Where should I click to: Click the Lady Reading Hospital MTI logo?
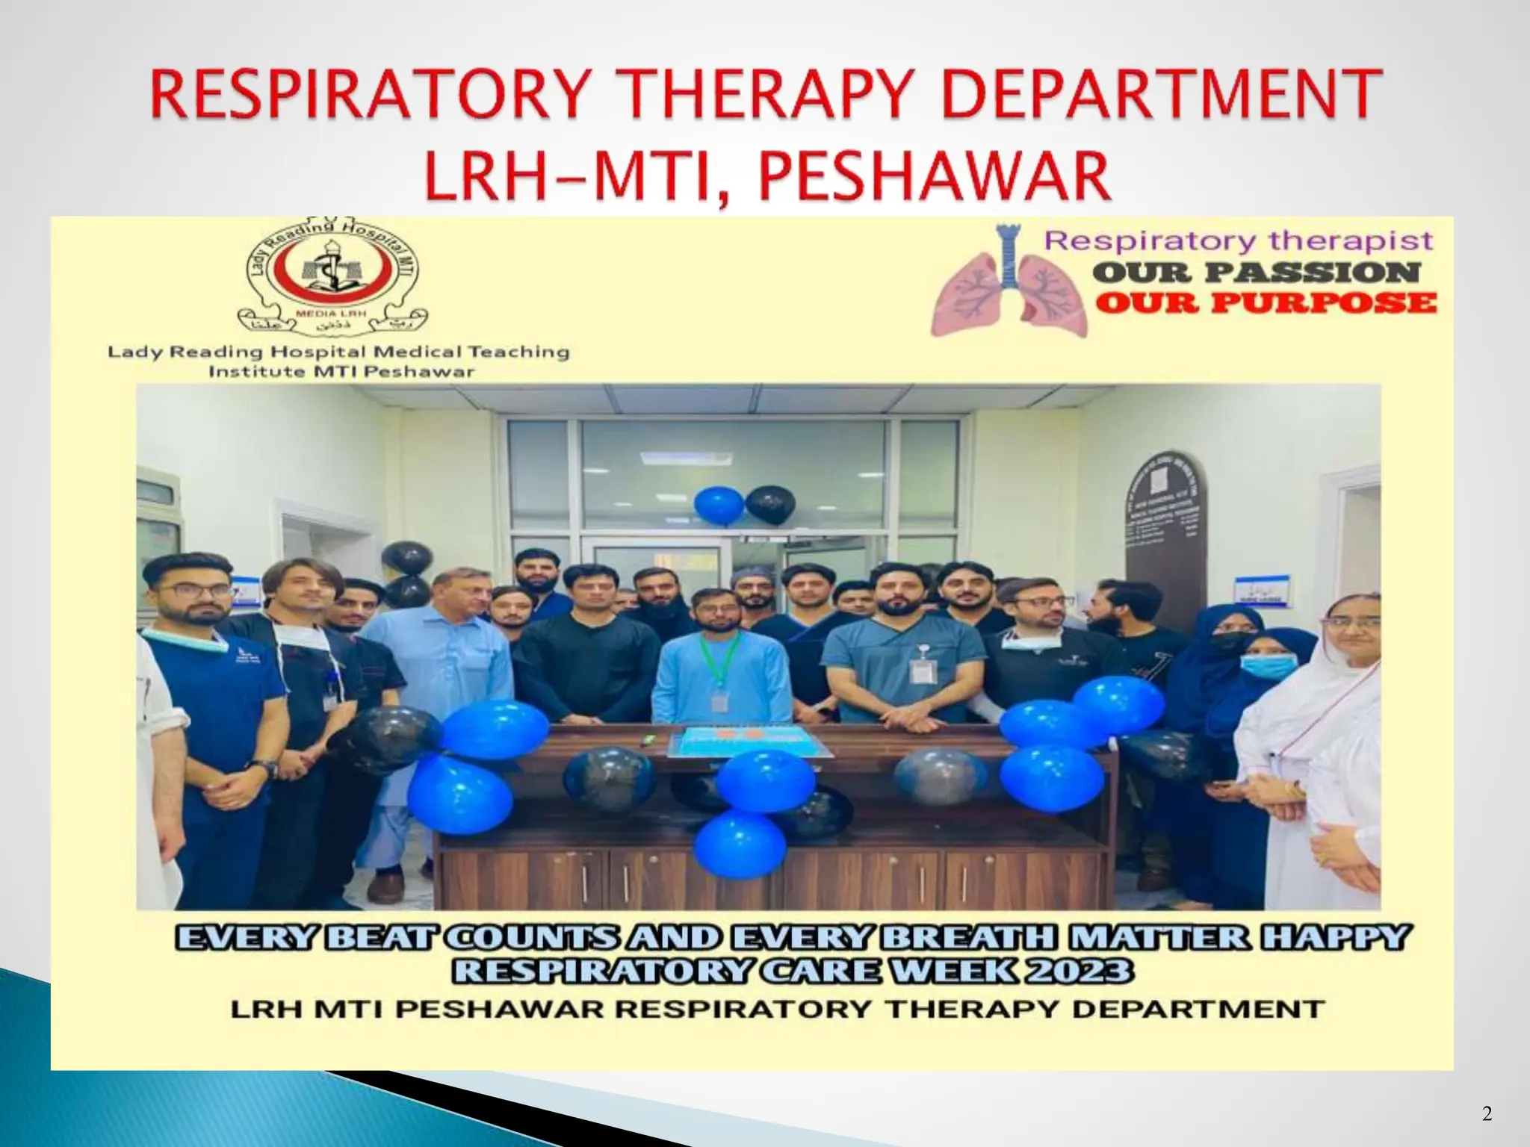tap(332, 278)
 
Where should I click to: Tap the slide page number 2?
tap(1487, 1114)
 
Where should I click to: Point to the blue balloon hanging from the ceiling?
tap(719, 506)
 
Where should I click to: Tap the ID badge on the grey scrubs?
tap(923, 670)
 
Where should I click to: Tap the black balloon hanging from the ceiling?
tap(771, 506)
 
